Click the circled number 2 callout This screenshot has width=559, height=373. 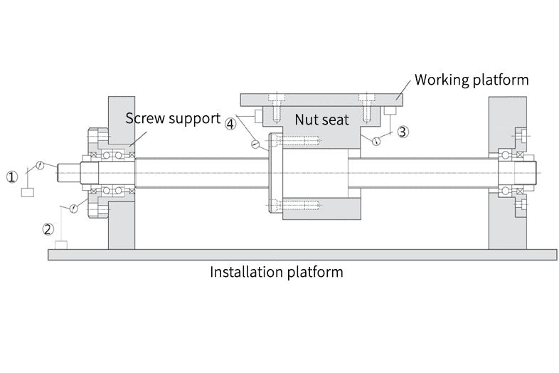(x=48, y=229)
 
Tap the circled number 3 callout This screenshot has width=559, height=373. (x=402, y=132)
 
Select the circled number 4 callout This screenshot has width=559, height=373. (x=230, y=123)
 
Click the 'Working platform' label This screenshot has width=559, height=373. (x=472, y=79)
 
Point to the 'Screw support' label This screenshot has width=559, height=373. (x=173, y=117)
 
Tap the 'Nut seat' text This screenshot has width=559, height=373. (x=322, y=120)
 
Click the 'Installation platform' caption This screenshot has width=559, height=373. (x=277, y=272)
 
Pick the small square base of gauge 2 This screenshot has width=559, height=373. (x=62, y=245)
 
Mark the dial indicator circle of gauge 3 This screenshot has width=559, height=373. (x=376, y=141)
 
